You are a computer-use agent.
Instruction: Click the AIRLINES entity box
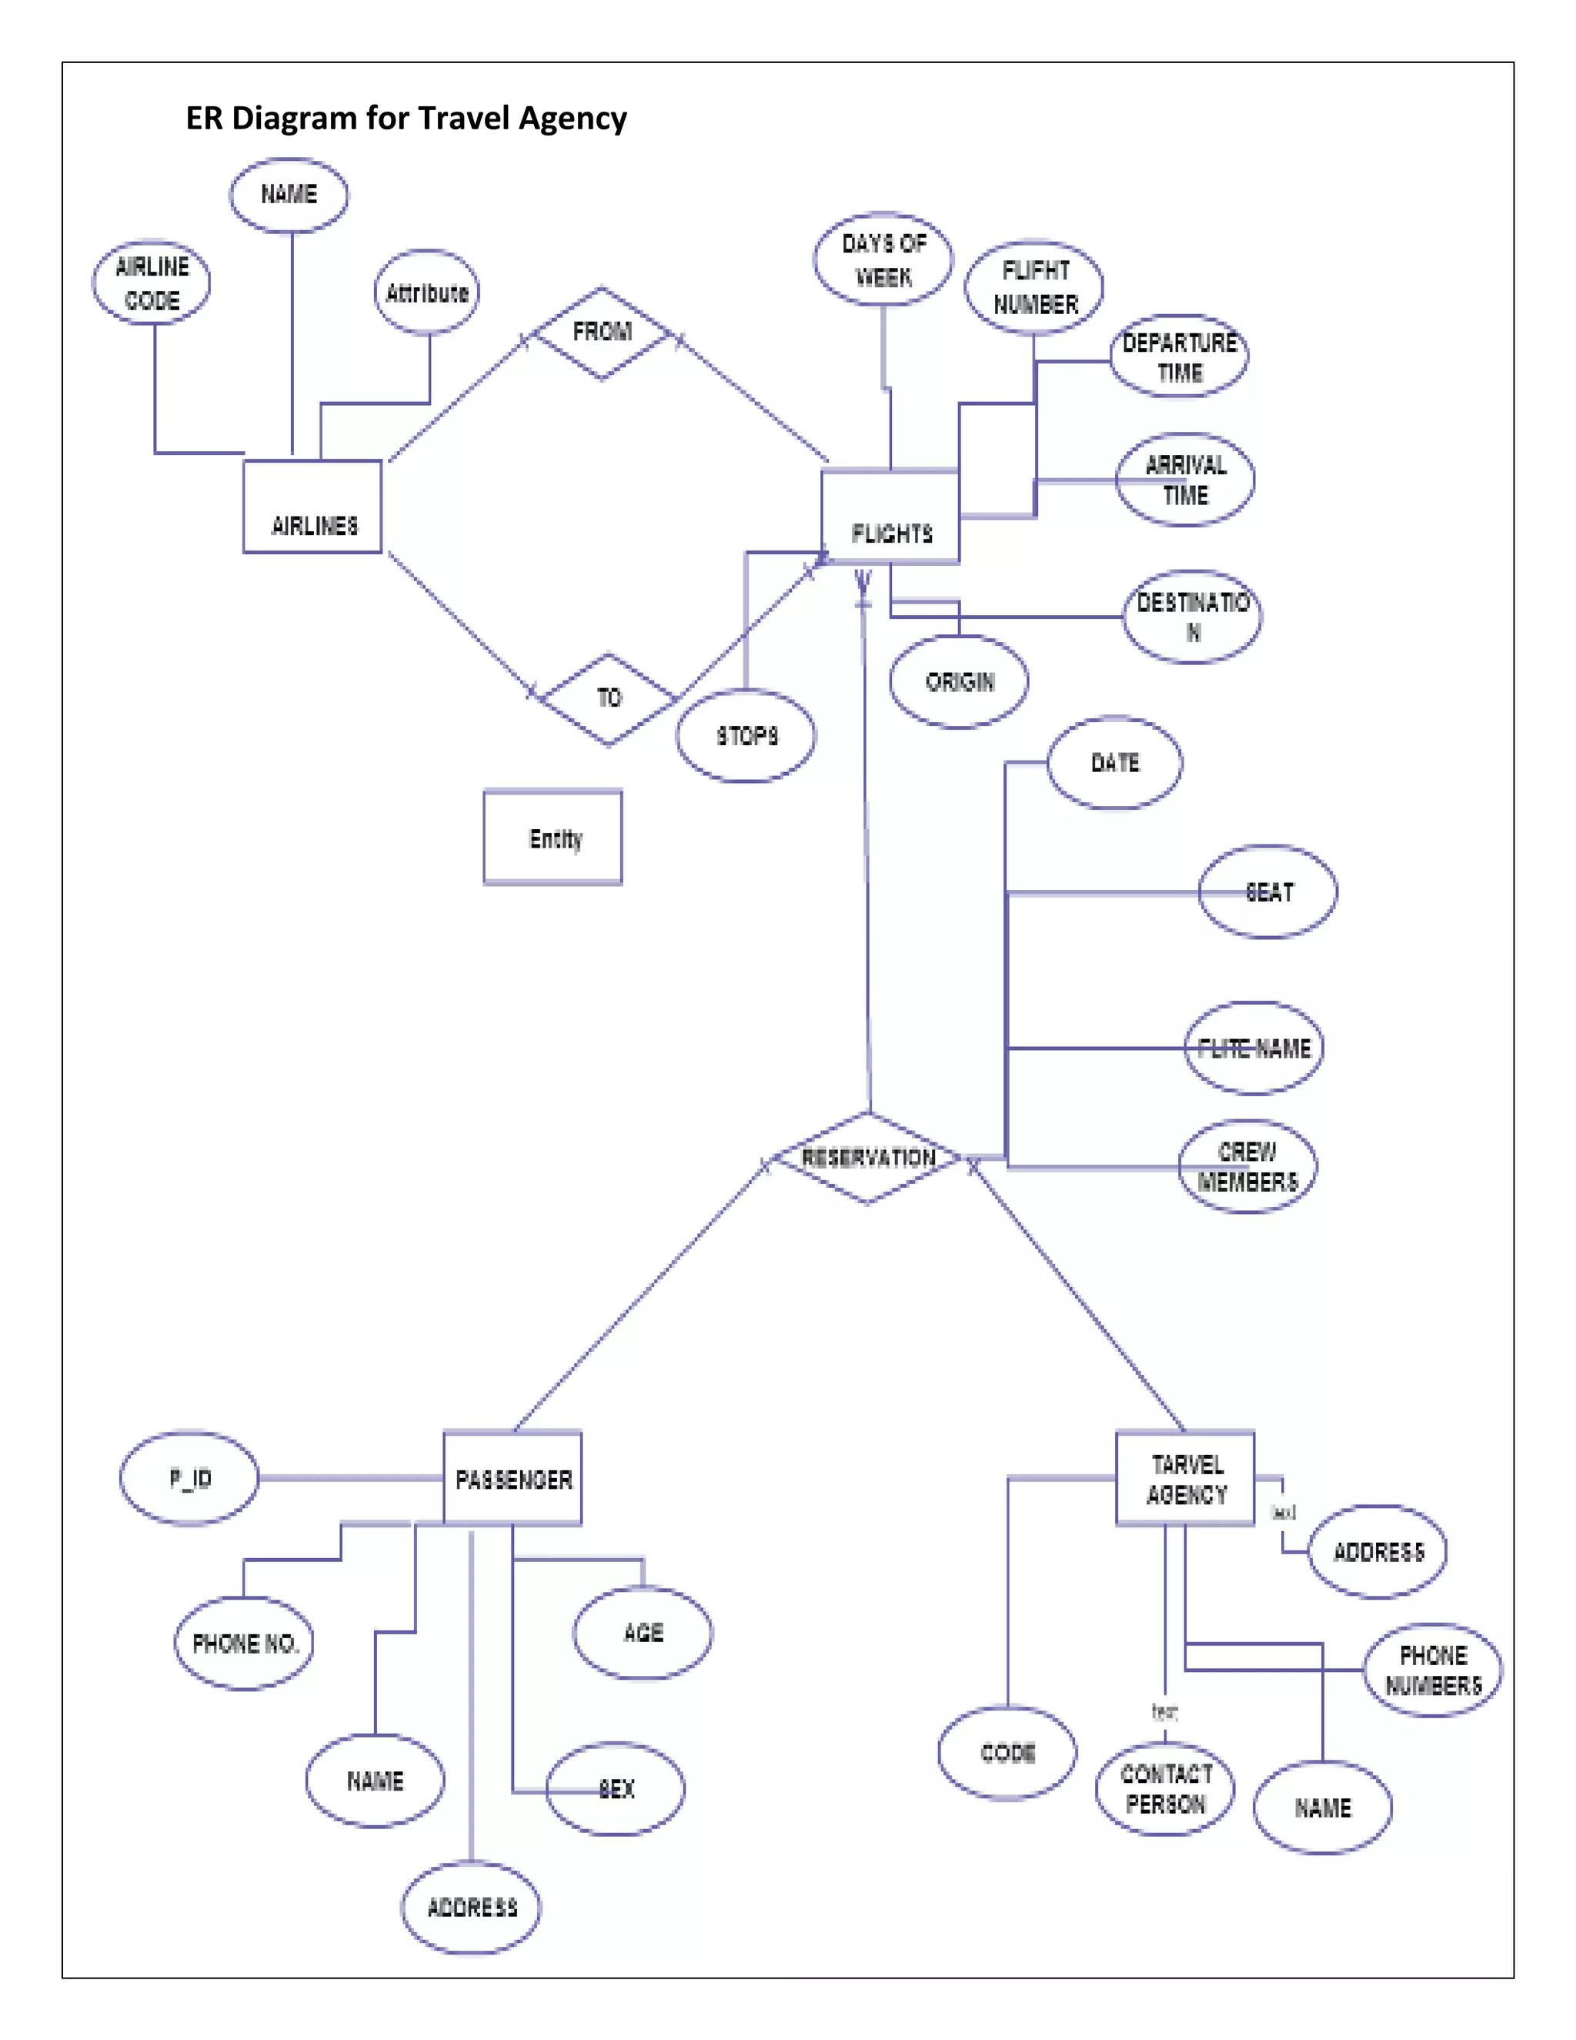point(312,507)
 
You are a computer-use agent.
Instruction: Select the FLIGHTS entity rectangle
point(890,517)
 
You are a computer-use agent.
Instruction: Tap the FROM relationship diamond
point(603,333)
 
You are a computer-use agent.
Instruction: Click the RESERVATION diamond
point(868,1159)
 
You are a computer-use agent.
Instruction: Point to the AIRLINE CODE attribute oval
point(152,283)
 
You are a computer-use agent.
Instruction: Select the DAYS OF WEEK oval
point(883,259)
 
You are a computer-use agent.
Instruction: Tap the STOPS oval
point(746,736)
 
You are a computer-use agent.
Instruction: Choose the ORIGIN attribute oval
point(959,682)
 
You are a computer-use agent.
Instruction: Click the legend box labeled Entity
point(553,838)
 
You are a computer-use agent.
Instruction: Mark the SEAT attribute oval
point(1268,892)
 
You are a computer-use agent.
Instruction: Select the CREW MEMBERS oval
point(1247,1166)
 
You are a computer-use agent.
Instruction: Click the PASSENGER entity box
point(513,1479)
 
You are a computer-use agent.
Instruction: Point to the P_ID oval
point(189,1479)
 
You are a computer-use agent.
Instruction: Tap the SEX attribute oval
point(616,1789)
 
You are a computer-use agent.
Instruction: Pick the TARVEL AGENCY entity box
point(1186,1479)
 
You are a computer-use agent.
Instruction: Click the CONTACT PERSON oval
point(1165,1789)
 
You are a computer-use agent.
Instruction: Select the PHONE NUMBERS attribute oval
point(1432,1670)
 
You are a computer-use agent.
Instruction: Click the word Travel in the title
point(465,119)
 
